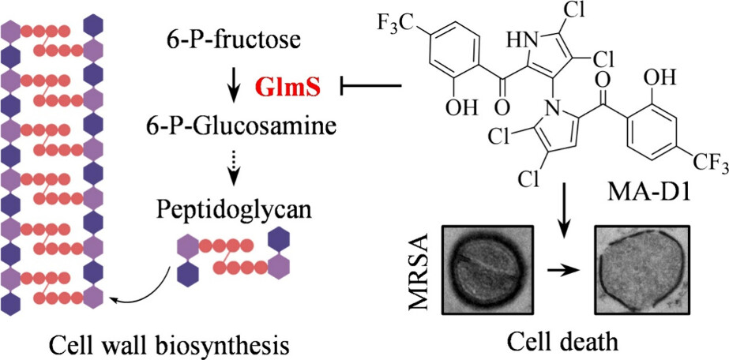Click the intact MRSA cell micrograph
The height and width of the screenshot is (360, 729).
(479, 268)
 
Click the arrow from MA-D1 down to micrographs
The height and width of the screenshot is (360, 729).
(564, 209)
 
